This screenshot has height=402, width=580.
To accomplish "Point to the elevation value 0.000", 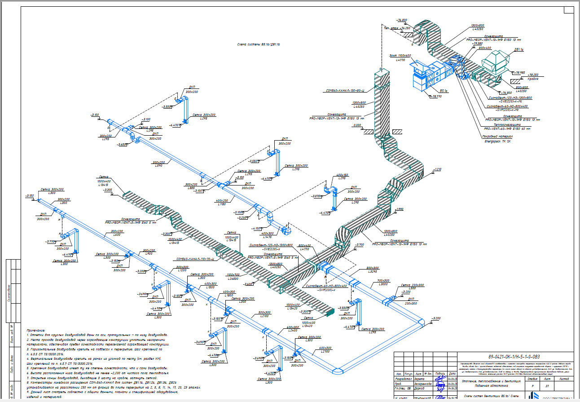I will (x=357, y=125).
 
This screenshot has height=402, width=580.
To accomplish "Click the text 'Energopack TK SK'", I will (x=497, y=141).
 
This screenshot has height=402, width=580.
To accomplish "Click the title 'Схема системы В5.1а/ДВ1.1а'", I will (x=258, y=45).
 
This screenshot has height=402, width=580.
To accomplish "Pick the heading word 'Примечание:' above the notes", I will (x=37, y=330).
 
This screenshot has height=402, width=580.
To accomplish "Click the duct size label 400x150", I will (x=342, y=175).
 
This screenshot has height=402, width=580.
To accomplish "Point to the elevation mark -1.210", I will (x=438, y=169).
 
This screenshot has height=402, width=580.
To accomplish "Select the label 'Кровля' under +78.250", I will (x=533, y=79).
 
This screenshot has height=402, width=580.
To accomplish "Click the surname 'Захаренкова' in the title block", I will (x=422, y=384).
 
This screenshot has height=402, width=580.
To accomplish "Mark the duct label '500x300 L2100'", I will (x=264, y=314).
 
